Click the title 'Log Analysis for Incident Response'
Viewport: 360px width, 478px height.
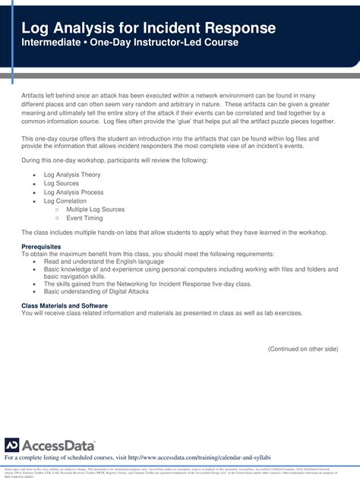(x=149, y=28)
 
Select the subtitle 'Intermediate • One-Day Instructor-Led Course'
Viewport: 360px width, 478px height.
(x=130, y=43)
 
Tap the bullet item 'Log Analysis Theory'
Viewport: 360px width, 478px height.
(x=72, y=174)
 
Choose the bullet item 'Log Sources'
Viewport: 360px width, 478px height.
(x=61, y=183)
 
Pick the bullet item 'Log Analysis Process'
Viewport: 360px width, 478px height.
(x=74, y=192)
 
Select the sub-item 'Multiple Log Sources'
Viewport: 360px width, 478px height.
(x=94, y=210)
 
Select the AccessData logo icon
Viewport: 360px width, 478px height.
(x=11, y=445)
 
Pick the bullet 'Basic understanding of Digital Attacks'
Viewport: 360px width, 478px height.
(x=95, y=290)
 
